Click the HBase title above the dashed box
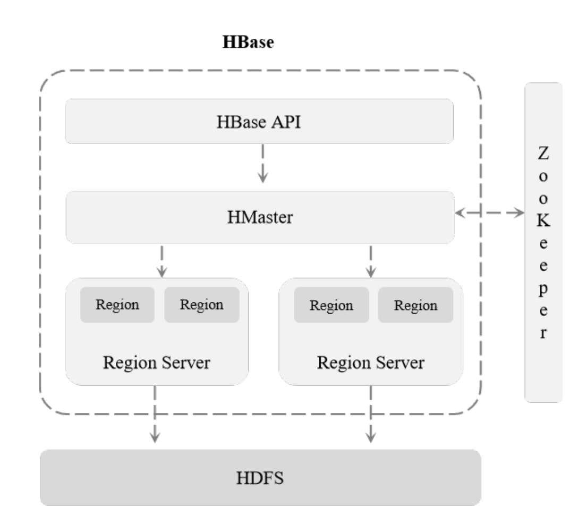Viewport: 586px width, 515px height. click(248, 43)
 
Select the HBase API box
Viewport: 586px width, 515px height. click(259, 121)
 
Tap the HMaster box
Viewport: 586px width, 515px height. click(259, 217)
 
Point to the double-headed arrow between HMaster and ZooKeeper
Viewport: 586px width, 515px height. click(489, 213)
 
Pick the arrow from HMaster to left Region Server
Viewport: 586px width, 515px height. click(162, 260)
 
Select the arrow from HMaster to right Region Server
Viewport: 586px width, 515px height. click(371, 260)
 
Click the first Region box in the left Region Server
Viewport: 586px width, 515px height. click(117, 305)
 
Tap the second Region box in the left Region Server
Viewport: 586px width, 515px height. click(201, 305)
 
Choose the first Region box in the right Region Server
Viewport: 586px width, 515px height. click(331, 305)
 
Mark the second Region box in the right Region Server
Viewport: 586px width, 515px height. click(415, 305)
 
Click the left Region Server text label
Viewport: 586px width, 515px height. click(157, 363)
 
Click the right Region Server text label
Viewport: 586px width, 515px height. click(370, 363)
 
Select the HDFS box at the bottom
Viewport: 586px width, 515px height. click(260, 478)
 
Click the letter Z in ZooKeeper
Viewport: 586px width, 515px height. click(543, 154)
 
